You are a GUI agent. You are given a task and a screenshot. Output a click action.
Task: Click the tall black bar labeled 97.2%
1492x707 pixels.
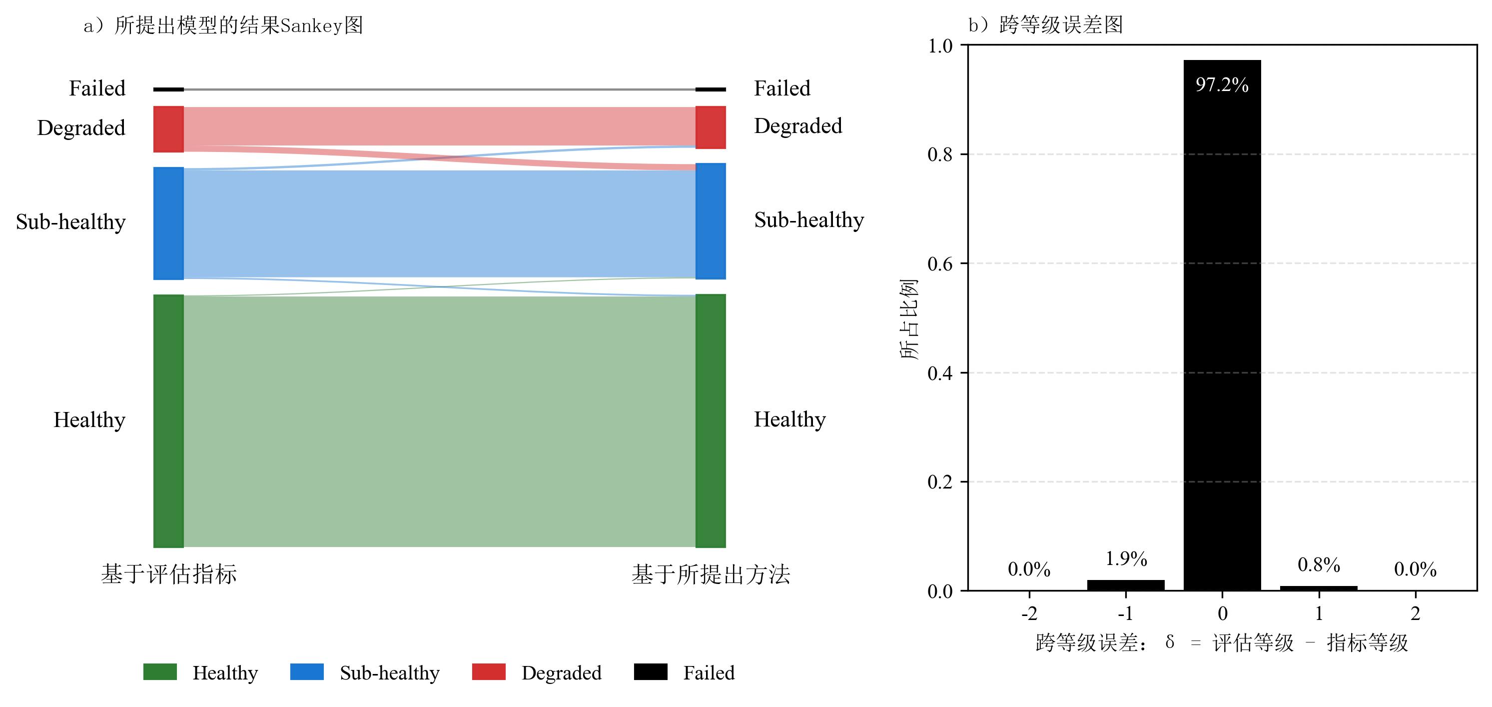[x=1222, y=324]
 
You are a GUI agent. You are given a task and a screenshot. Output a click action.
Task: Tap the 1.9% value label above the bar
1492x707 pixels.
[x=1126, y=558]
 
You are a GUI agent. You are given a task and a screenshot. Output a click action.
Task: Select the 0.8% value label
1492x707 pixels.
[x=1318, y=564]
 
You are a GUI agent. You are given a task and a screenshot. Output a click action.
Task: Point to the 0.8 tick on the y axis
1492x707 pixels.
[x=939, y=154]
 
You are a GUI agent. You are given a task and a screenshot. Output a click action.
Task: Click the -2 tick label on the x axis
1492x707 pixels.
[x=1029, y=613]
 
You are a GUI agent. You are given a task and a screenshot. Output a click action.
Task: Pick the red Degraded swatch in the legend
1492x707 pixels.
[x=488, y=671]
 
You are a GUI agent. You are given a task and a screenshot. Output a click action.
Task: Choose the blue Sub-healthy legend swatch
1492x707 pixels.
[x=306, y=671]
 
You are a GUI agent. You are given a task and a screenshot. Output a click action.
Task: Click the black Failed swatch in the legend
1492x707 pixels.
[x=651, y=671]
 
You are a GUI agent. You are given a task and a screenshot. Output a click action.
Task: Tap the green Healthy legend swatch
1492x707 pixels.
[x=160, y=671]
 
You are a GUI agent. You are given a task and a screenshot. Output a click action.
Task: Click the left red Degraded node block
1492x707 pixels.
[x=168, y=129]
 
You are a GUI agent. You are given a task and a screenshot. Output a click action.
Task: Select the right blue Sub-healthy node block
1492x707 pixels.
[x=710, y=221]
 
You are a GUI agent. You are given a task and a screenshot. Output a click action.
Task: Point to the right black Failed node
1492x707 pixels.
[x=710, y=90]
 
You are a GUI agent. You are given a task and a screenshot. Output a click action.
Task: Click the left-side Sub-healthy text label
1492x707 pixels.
[x=70, y=222]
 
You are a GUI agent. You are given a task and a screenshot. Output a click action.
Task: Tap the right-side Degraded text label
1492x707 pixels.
[x=797, y=126]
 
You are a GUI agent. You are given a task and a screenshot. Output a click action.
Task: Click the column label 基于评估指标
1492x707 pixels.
[x=168, y=574]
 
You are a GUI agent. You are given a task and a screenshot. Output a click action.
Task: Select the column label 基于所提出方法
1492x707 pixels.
[x=710, y=574]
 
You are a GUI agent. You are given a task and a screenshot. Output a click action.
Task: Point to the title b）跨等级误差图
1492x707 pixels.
[x=1045, y=25]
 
